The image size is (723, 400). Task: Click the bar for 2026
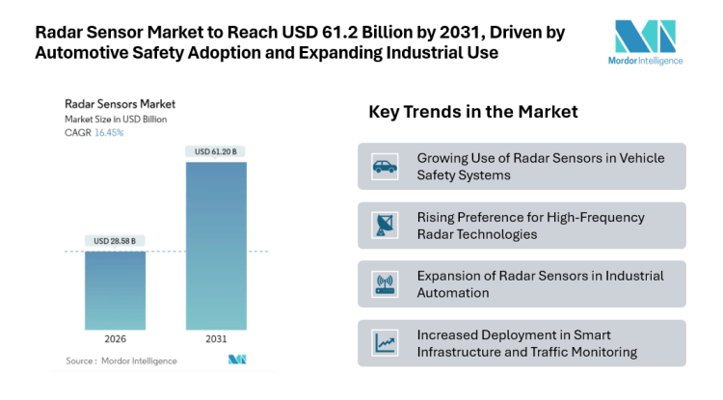click(x=116, y=289)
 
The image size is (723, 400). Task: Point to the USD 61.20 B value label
click(x=216, y=151)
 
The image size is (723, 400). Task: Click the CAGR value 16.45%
click(x=109, y=133)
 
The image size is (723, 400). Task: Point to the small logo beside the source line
click(x=237, y=360)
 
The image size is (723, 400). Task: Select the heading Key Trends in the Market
click(x=473, y=112)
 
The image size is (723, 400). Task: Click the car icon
click(x=385, y=167)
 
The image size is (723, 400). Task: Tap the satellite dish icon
click(x=385, y=226)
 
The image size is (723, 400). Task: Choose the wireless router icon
click(x=385, y=284)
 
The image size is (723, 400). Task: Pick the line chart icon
click(x=385, y=343)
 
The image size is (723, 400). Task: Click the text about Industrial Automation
click(x=540, y=284)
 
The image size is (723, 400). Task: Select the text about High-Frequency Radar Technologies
click(x=530, y=226)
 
